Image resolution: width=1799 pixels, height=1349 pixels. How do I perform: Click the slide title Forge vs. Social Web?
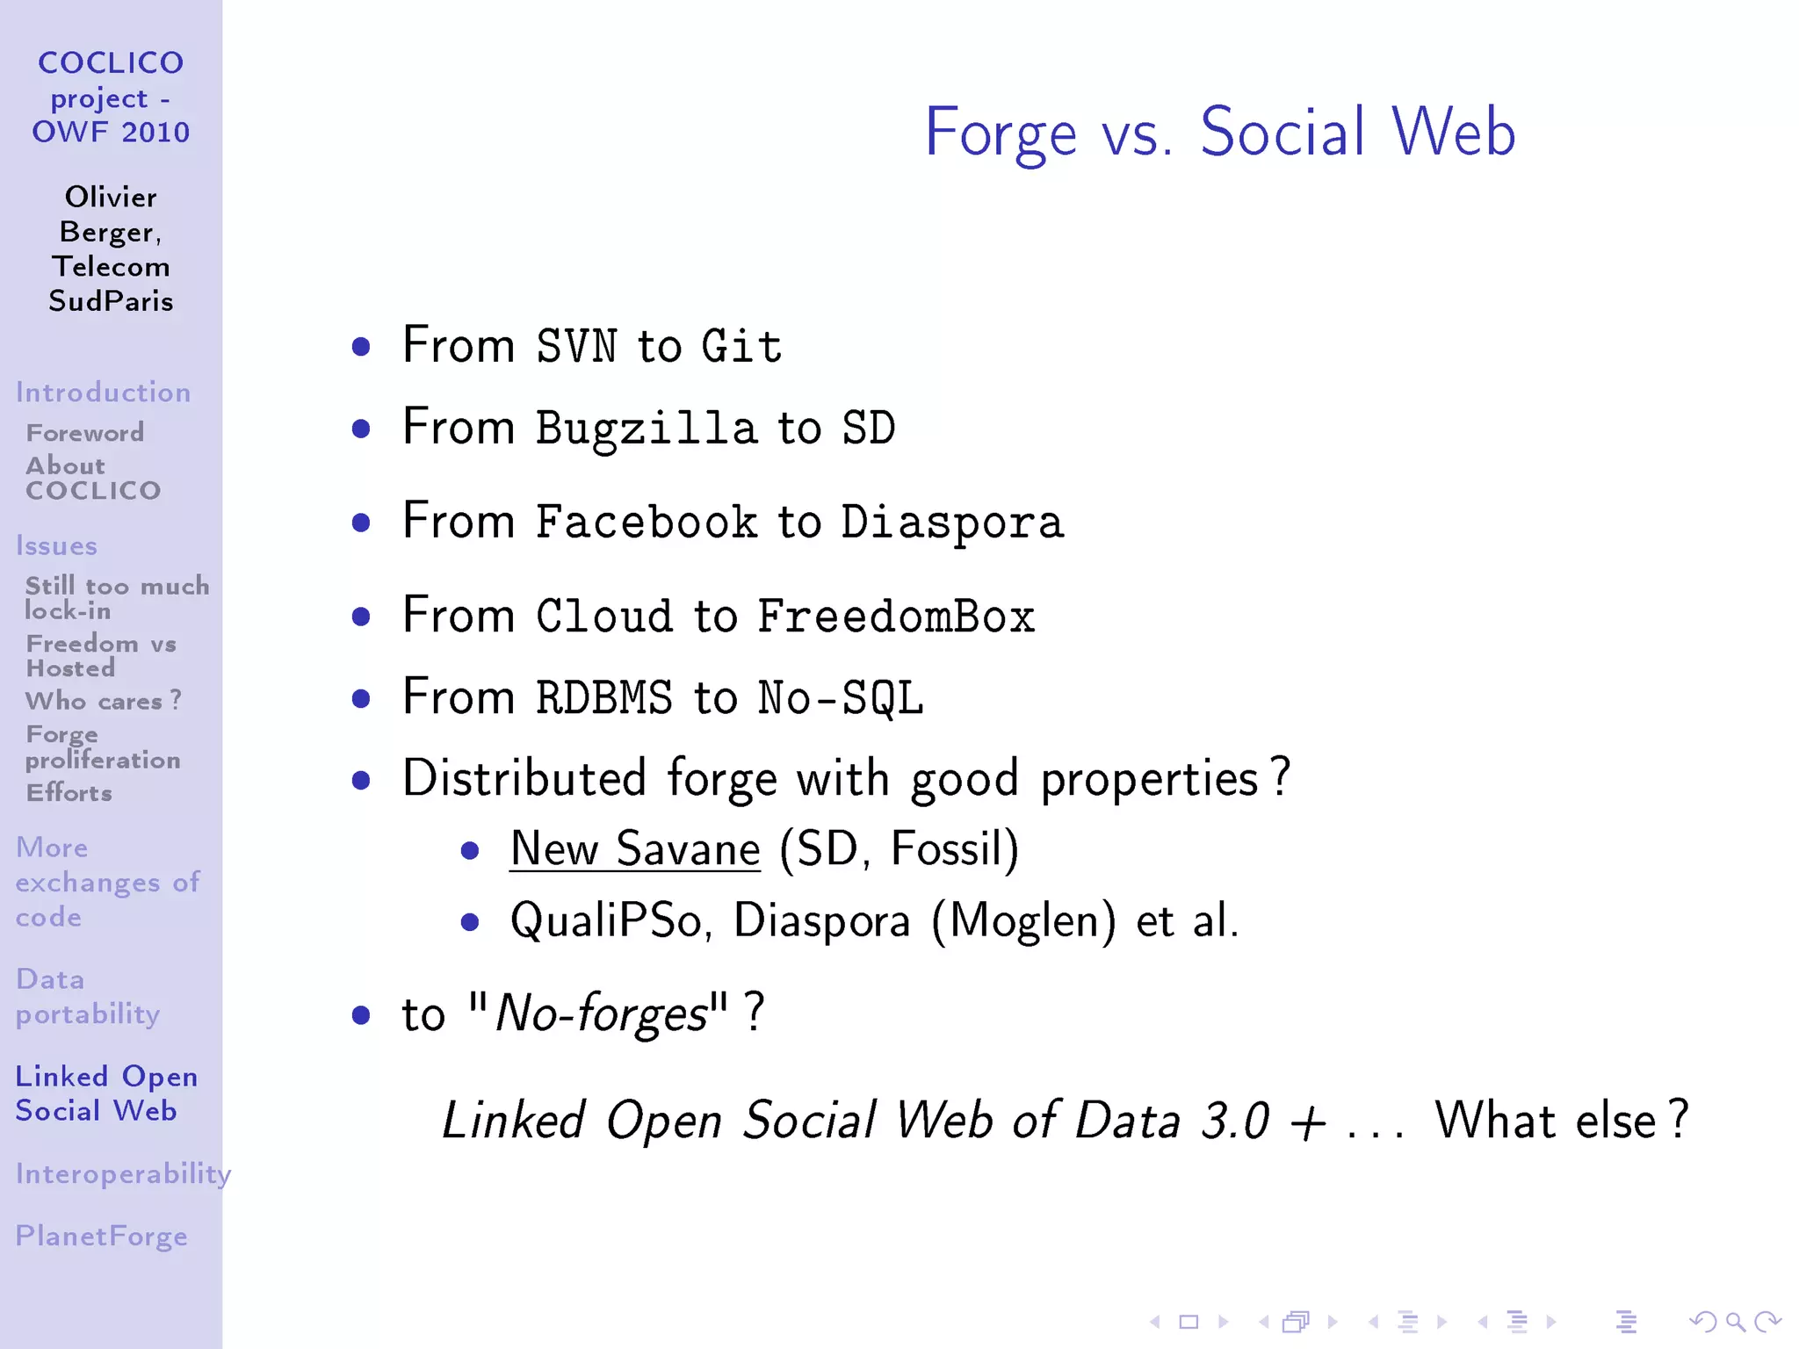1219,132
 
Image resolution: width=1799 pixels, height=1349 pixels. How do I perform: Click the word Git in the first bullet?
741,346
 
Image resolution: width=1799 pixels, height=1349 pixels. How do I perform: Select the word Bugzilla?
646,429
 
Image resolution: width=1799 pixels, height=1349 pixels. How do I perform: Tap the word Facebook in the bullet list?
646,523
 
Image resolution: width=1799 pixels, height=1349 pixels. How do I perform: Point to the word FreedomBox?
896,617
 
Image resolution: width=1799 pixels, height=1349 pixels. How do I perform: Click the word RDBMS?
603,698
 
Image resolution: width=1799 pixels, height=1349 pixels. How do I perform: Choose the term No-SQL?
840,698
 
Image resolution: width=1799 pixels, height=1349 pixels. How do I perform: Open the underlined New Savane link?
634,849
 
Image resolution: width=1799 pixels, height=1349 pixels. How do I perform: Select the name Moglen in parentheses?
1023,921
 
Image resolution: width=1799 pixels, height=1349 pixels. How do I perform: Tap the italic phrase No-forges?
602,1014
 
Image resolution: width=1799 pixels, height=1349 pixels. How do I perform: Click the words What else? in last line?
1560,1121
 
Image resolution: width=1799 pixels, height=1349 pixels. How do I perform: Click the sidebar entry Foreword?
85,433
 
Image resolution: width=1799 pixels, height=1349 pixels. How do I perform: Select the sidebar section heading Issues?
56,546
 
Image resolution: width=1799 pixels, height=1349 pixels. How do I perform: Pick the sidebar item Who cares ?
103,701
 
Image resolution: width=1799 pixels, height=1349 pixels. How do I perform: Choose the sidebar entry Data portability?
87,997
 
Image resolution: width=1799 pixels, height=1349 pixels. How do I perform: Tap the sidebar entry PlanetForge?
101,1237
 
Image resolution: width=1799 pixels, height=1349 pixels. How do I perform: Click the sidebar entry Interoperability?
122,1174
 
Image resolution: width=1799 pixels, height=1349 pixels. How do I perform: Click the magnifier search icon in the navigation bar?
1734,1321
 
